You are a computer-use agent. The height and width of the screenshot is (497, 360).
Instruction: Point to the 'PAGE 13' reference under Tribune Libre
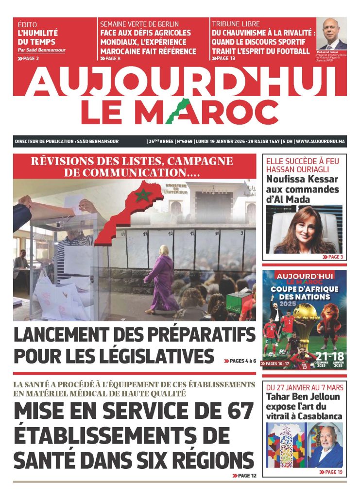(x=224, y=59)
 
